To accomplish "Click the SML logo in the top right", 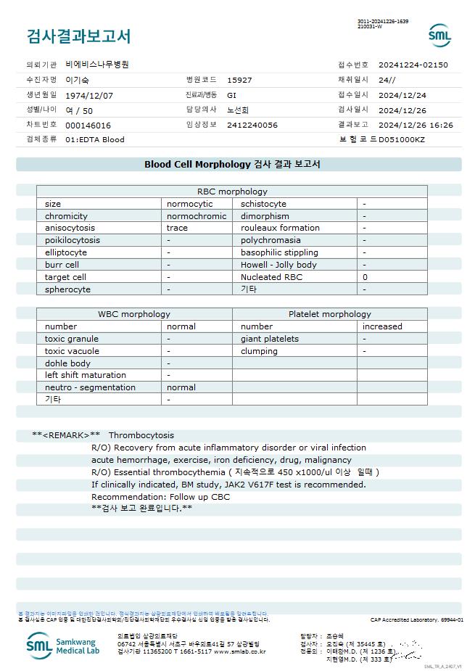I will coord(439,35).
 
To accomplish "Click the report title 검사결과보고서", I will coord(78,36).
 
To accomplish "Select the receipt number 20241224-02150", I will coord(413,65).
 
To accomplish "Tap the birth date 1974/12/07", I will coord(89,95).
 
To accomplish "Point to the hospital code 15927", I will coord(239,80).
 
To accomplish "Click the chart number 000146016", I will coord(88,125).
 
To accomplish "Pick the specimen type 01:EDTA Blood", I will coord(94,139).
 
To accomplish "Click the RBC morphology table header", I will coord(232,192).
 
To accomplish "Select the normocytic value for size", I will coord(190,204).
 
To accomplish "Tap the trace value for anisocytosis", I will coord(178,228).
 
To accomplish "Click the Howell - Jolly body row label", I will coord(278,265).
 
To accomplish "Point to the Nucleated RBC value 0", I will coord(365,277).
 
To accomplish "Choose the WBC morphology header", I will coord(134,314).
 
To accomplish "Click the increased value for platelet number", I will coord(382,326).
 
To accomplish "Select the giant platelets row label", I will coord(269,339).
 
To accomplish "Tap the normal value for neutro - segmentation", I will coord(181,387).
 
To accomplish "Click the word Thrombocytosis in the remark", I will coord(141,435).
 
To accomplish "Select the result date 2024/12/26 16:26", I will coord(416,125).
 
